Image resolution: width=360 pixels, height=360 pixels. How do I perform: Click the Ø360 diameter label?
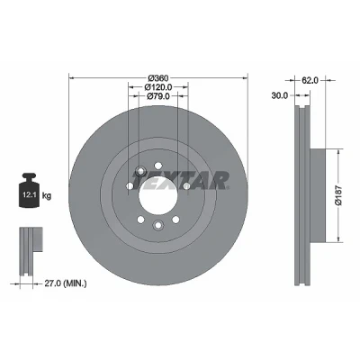pyautogui.click(x=157, y=78)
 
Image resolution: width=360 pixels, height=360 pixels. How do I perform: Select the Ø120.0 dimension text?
pyautogui.click(x=158, y=87)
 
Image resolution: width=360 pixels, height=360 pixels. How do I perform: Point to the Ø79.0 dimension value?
pyautogui.click(x=158, y=96)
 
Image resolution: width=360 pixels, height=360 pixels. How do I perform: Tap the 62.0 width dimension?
pyautogui.click(x=310, y=80)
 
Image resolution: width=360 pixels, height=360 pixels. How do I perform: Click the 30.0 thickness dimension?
pyautogui.click(x=280, y=95)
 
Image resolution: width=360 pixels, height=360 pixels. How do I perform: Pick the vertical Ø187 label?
pyautogui.click(x=338, y=195)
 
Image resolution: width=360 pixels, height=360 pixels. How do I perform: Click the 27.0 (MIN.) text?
pyautogui.click(x=66, y=283)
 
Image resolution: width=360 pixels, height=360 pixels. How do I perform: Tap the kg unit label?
pyautogui.click(x=47, y=196)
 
